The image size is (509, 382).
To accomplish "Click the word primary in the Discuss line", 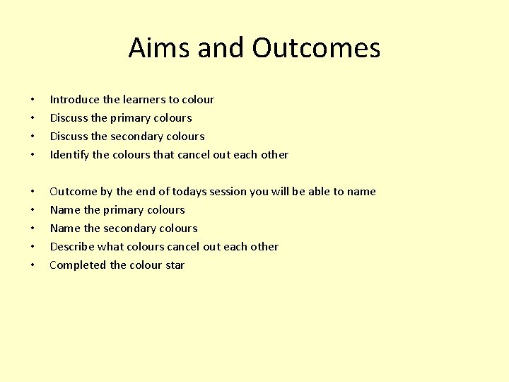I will pos(134,118).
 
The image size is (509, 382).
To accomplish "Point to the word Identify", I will pos(69,155).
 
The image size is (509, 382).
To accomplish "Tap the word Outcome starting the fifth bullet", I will pos(74,192).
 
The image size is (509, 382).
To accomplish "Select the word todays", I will pos(201,192).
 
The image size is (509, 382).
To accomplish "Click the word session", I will pos(240,192).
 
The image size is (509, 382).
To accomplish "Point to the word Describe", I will pos(73,247).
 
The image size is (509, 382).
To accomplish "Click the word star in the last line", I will pos(175,265).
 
